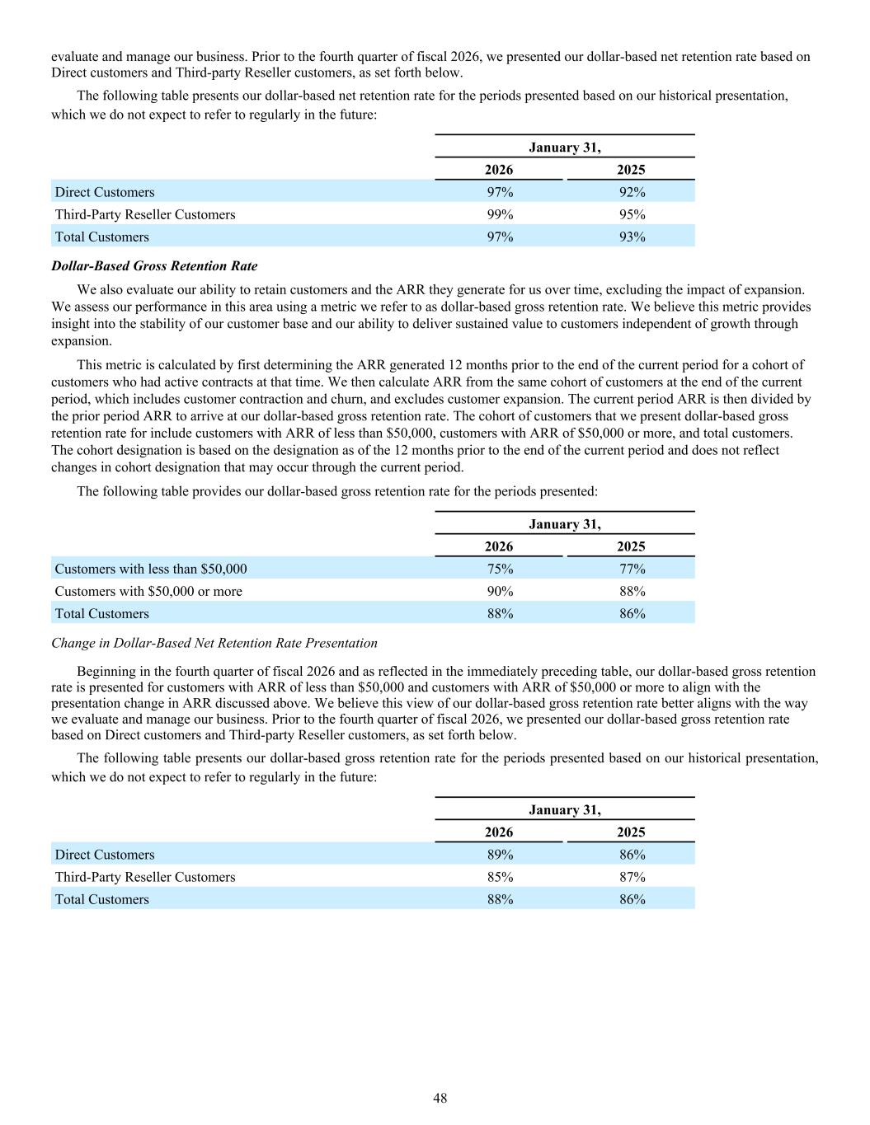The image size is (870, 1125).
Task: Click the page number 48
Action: [440, 1098]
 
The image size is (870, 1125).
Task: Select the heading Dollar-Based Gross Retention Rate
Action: [154, 266]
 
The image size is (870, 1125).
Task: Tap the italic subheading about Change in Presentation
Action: [214, 643]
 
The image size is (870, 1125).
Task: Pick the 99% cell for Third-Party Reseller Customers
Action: [499, 214]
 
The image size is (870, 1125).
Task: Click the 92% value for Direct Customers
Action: [632, 192]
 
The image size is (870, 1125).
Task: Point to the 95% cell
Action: [632, 214]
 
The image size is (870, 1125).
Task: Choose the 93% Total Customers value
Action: [632, 237]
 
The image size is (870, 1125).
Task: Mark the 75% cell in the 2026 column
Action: [499, 569]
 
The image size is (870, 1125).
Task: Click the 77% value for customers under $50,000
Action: [632, 569]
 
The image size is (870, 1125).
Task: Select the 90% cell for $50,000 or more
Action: [499, 591]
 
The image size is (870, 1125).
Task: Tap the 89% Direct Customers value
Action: [499, 855]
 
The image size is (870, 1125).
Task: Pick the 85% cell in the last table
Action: [499, 877]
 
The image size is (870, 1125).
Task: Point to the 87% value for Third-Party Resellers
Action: [632, 877]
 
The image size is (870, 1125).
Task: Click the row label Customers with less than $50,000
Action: [151, 569]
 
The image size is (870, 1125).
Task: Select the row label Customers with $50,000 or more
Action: [148, 591]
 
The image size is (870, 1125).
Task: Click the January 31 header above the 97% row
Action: [565, 148]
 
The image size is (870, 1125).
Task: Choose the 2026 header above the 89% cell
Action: [499, 832]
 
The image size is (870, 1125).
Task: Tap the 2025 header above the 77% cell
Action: [632, 546]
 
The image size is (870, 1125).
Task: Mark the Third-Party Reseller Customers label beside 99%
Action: [145, 214]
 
